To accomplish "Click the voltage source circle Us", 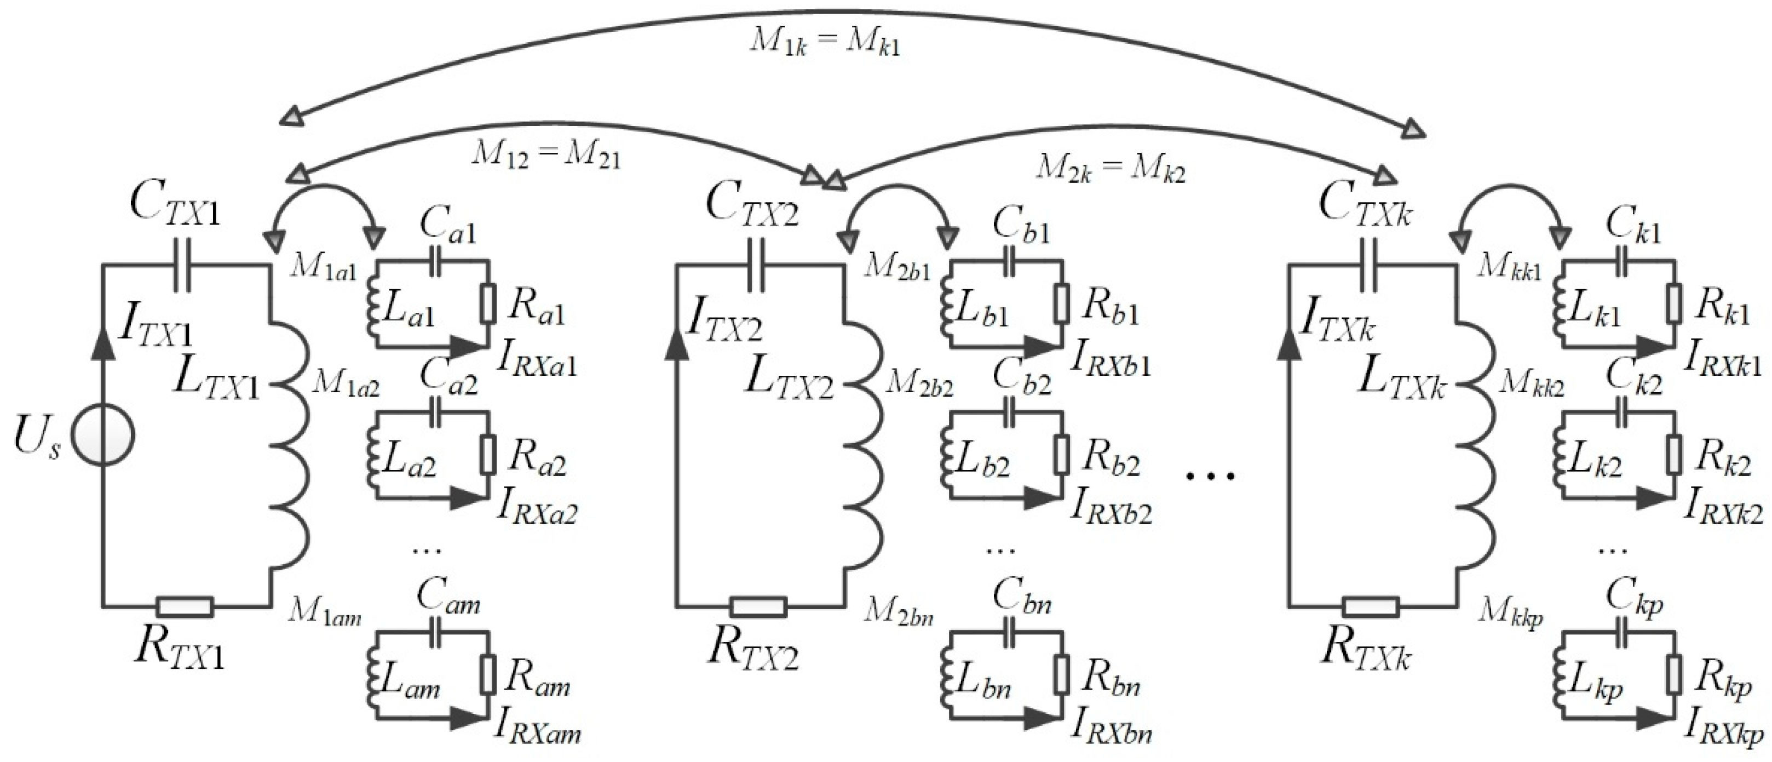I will pos(103,435).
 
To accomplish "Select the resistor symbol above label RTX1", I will pos(185,606).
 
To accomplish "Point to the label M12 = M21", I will pos(545,156).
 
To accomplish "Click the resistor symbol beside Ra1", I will pos(488,303).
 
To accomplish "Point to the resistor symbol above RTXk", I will pos(1370,606).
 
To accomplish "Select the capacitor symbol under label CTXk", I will pos(1369,265).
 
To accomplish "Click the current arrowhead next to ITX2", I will pos(677,348).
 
